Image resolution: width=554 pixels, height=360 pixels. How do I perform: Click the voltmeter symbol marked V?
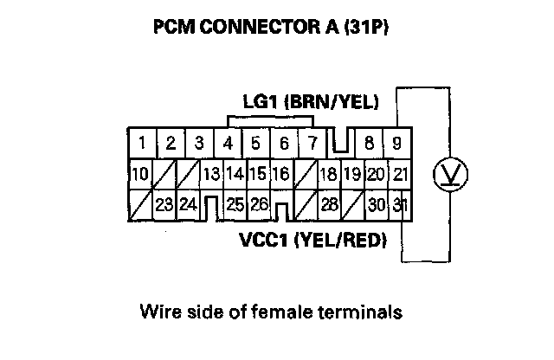[449, 174]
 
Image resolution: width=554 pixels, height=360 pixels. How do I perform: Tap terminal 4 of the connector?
[228, 143]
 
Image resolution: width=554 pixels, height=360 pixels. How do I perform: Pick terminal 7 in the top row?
[312, 143]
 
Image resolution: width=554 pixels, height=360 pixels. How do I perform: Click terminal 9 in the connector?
[397, 143]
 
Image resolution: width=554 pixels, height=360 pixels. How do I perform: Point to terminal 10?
[138, 174]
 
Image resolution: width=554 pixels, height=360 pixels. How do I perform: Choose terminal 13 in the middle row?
[210, 174]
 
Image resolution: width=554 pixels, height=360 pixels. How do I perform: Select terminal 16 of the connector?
[280, 174]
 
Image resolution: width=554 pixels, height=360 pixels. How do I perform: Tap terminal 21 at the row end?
[399, 174]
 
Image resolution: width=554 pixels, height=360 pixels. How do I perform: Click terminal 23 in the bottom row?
[163, 205]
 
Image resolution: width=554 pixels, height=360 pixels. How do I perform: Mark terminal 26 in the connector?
[258, 205]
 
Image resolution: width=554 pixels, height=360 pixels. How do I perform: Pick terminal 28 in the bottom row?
[329, 205]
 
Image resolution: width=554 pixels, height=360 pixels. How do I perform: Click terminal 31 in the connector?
[399, 205]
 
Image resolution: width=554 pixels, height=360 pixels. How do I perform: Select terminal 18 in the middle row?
[328, 174]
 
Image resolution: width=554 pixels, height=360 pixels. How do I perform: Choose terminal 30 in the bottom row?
[376, 205]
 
